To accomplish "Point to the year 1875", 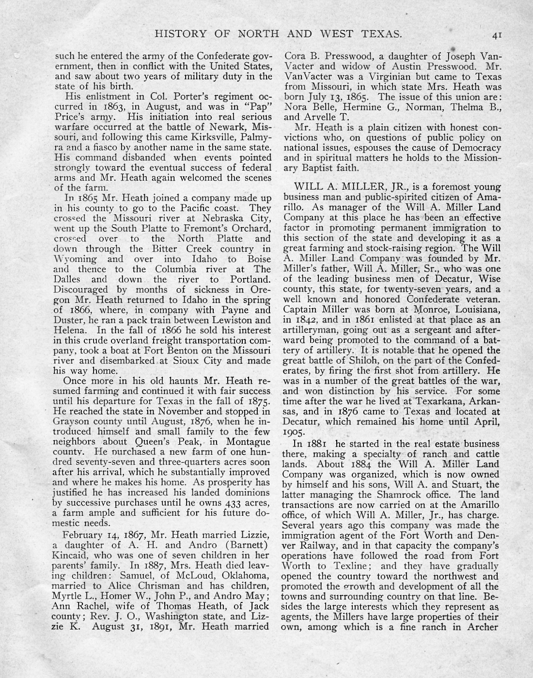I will point(259,401).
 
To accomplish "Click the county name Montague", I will point(247,442).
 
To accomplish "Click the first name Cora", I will point(294,56).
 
